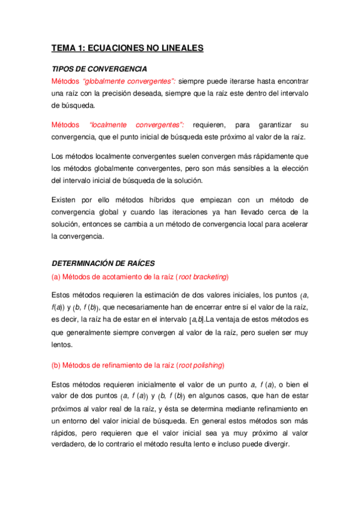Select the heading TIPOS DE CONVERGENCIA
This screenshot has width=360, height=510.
tap(100, 69)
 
